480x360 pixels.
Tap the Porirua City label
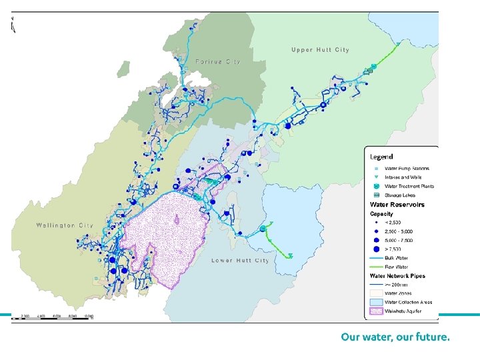coord(218,61)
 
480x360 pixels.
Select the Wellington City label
coord(65,225)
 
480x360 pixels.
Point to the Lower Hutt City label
coord(240,261)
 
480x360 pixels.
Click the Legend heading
coord(381,157)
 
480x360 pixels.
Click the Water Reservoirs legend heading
coord(397,205)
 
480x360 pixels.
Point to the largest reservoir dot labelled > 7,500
coord(376,248)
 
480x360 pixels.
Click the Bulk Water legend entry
coord(398,257)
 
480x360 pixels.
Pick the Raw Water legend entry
coord(397,266)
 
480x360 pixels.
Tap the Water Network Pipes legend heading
coord(397,275)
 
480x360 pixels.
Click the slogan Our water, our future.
coord(395,337)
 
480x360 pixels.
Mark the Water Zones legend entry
coord(401,293)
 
